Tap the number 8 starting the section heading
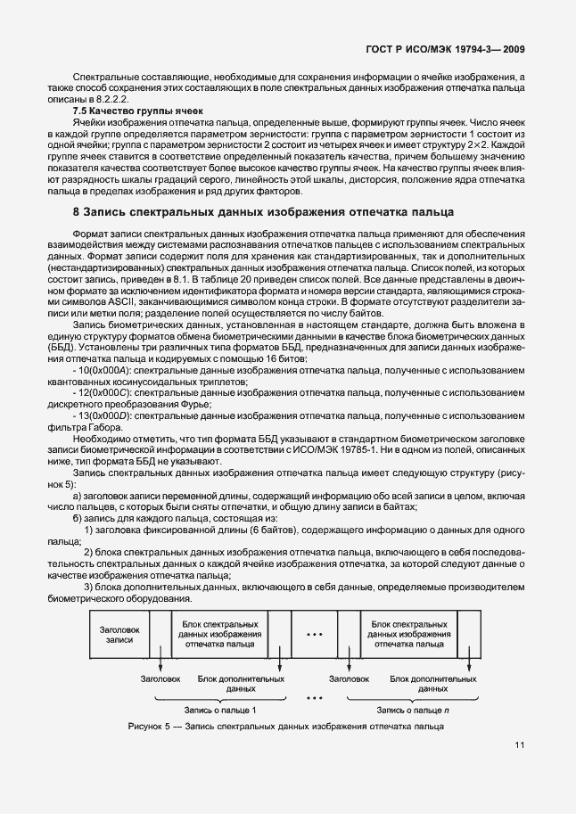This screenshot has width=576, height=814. (76, 212)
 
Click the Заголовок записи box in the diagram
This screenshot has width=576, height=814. (118, 634)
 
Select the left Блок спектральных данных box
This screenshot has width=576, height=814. (219, 634)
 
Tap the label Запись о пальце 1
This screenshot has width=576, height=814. (219, 710)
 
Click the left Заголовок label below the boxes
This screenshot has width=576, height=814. (160, 679)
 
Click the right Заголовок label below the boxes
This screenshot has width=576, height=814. (350, 679)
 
